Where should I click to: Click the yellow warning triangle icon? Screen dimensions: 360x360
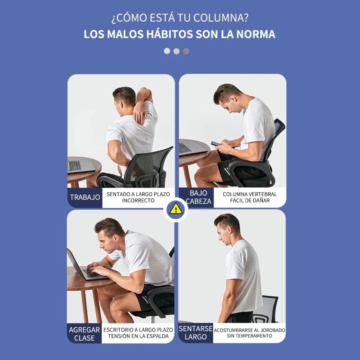coord(175,208)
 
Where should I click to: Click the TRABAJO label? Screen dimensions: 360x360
coord(85,197)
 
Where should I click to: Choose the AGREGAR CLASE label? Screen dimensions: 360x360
coord(84,333)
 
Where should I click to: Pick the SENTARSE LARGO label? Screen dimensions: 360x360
coord(195,333)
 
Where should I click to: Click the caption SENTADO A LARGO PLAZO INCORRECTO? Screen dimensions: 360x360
coord(138,197)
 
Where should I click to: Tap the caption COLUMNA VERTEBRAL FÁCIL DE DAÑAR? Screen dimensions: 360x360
coord(250,197)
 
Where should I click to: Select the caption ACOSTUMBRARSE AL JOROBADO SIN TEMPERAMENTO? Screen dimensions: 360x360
coord(249,333)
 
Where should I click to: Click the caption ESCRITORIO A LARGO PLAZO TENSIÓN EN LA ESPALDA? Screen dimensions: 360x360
coord(138,333)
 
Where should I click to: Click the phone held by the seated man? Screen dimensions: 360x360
coord(216,144)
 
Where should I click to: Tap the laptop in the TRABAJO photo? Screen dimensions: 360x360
coord(80,166)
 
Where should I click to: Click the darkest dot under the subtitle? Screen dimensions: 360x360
coord(186,51)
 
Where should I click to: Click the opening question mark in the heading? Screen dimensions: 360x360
coord(114,19)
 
